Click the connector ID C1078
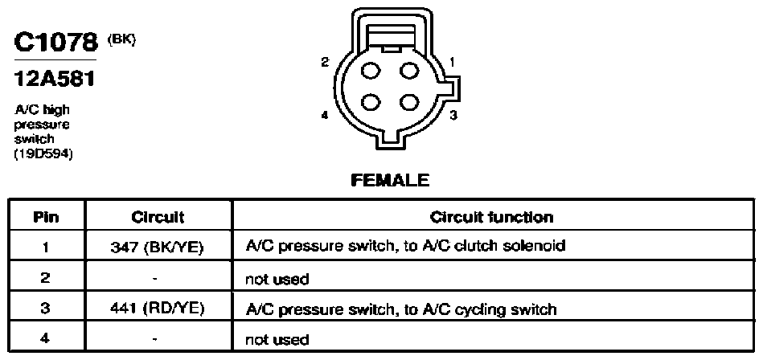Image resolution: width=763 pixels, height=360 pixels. pyautogui.click(x=56, y=43)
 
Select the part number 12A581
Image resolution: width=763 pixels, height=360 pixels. pyautogui.click(x=55, y=78)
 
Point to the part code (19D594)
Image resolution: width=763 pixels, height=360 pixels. pyautogui.click(x=43, y=154)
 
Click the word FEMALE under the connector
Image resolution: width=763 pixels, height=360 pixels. pyautogui.click(x=390, y=181)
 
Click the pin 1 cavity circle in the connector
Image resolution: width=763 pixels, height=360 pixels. pyautogui.click(x=408, y=71)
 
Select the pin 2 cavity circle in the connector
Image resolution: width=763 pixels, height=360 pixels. pyautogui.click(x=371, y=71)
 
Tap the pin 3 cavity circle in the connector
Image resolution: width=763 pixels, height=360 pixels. pyautogui.click(x=408, y=102)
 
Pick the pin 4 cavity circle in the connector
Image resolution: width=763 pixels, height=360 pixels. pyautogui.click(x=371, y=102)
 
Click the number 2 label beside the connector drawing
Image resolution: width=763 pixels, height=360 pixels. pyautogui.click(x=325, y=62)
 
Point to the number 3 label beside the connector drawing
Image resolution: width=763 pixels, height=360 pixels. pyautogui.click(x=453, y=116)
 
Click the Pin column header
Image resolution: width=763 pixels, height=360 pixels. pyautogui.click(x=46, y=217)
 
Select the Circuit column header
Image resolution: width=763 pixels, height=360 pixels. pyautogui.click(x=158, y=217)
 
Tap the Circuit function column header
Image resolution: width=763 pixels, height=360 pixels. pyautogui.click(x=491, y=217)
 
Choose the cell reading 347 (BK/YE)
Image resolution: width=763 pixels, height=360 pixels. pyautogui.click(x=157, y=247)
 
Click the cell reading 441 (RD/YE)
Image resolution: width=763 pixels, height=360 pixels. pyautogui.click(x=157, y=309)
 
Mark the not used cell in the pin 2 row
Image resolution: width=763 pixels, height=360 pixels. pyautogui.click(x=277, y=279)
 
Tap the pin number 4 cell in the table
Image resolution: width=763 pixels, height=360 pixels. pyautogui.click(x=45, y=338)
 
